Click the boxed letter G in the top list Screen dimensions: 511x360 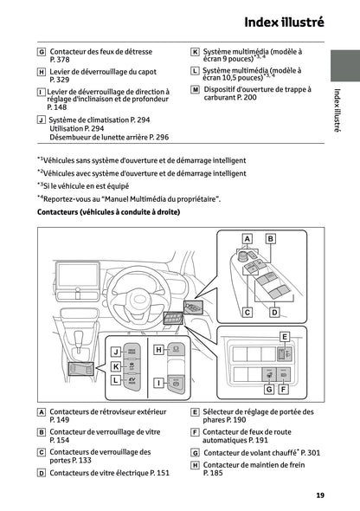[42, 52]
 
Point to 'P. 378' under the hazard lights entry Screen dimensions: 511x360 [61, 61]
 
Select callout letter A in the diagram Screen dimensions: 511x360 [247, 237]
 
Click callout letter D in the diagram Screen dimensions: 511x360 [273, 312]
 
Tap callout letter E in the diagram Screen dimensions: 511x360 [284, 336]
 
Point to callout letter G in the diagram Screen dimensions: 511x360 [269, 390]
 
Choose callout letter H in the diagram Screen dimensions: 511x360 [158, 350]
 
